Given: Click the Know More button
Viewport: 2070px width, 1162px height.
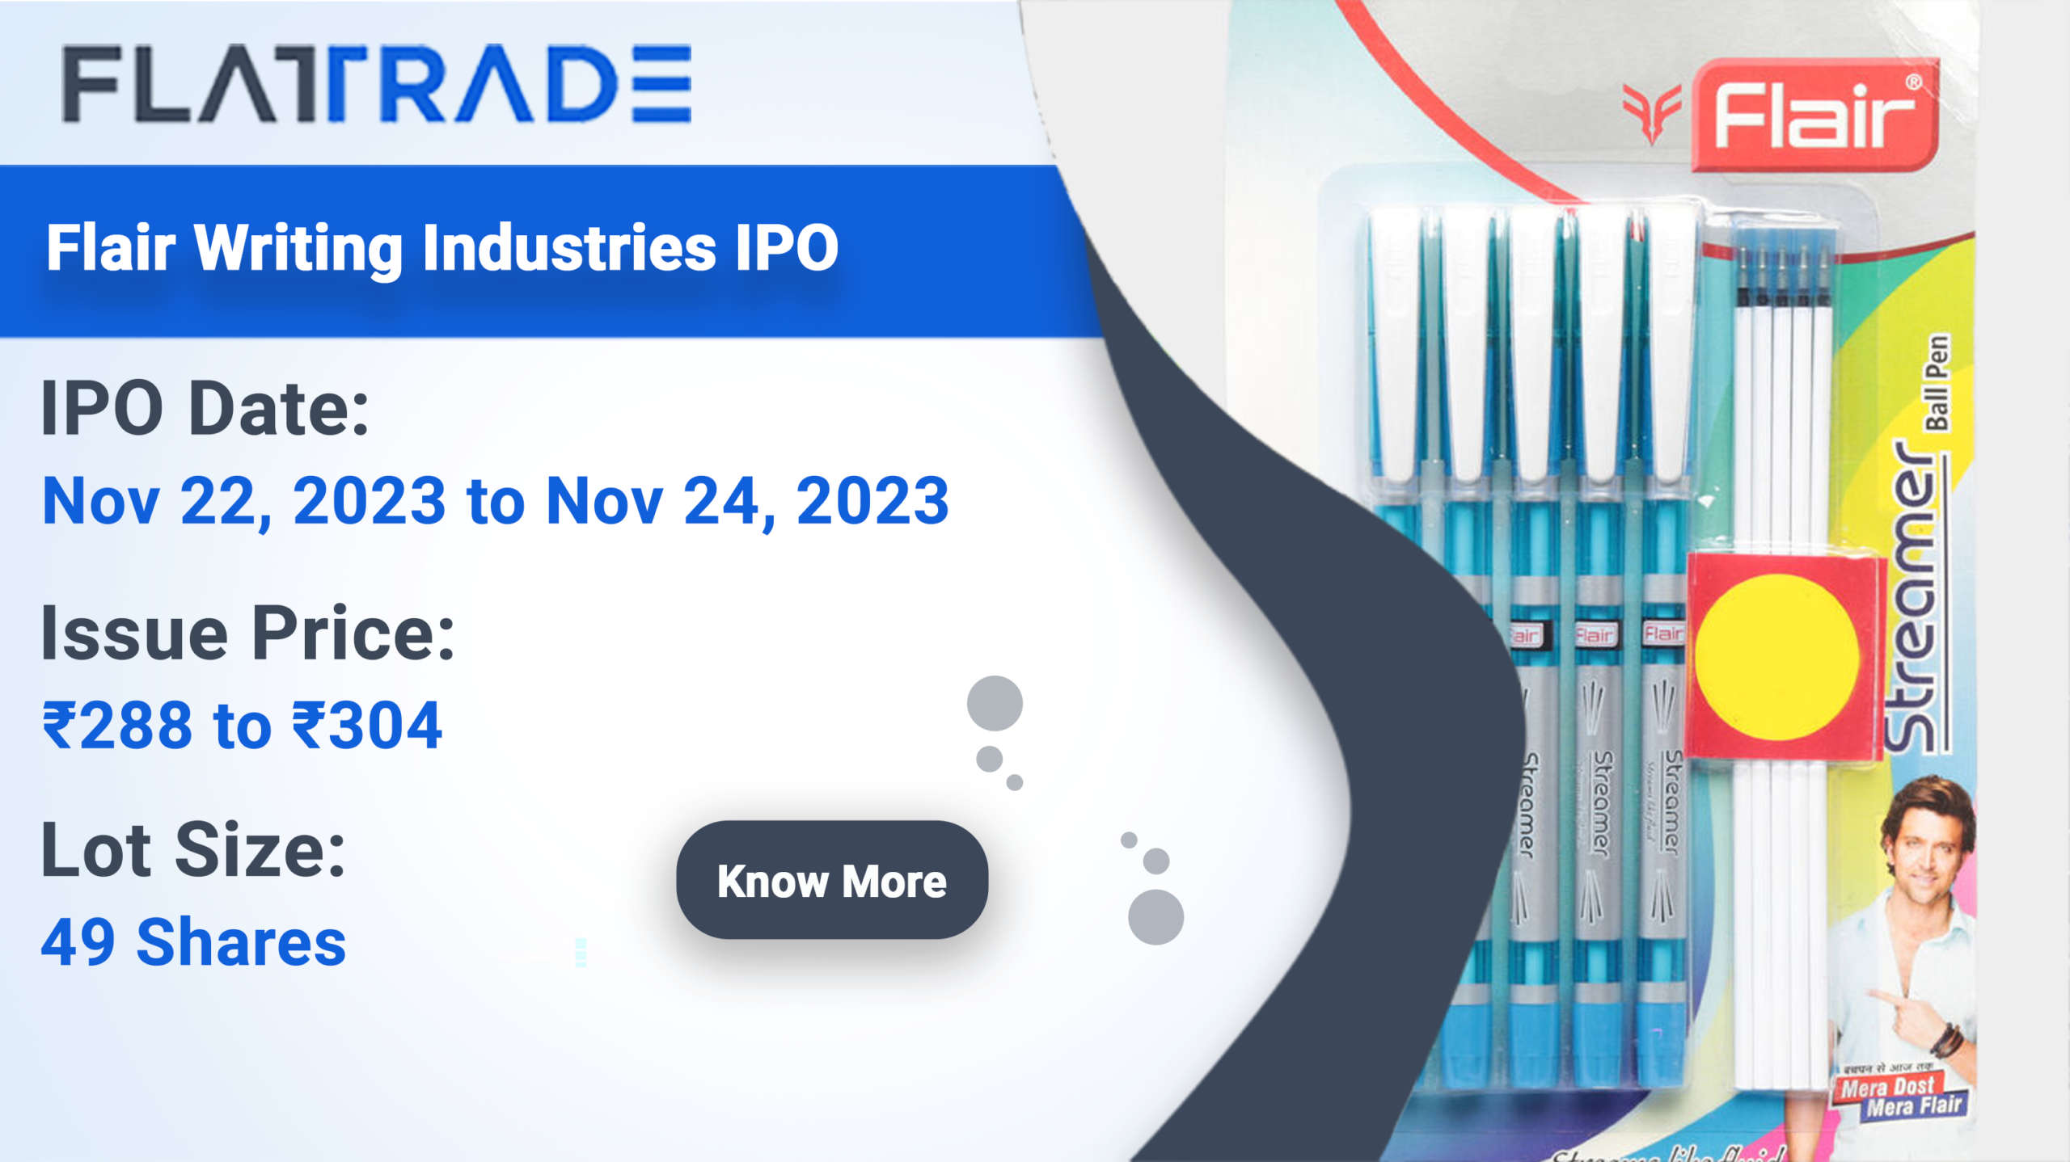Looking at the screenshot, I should click(x=831, y=880).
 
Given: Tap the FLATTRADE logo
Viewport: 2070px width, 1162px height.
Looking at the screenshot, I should click(x=377, y=84).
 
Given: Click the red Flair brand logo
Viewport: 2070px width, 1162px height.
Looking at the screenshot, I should click(x=1814, y=116).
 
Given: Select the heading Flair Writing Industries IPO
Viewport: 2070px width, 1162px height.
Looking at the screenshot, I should click(x=442, y=247).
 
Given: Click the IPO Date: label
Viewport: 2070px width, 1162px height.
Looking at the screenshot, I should click(x=205, y=409).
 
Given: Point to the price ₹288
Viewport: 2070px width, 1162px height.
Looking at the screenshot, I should click(x=118, y=725).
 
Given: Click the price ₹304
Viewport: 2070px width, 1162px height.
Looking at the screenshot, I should click(x=367, y=725).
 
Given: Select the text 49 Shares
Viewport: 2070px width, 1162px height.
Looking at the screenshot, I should click(x=194, y=942).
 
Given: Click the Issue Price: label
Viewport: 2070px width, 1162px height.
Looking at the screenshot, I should click(x=248, y=634).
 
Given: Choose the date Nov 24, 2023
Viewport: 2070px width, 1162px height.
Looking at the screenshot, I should click(x=748, y=501).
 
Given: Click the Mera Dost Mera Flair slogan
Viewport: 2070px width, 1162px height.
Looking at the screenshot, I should click(x=1900, y=1097).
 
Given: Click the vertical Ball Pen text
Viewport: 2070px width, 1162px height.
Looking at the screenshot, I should click(x=1937, y=382).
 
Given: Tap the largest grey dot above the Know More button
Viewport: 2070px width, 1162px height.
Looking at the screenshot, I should click(x=995, y=703).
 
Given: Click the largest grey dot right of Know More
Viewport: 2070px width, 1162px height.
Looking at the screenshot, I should click(x=1155, y=916).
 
